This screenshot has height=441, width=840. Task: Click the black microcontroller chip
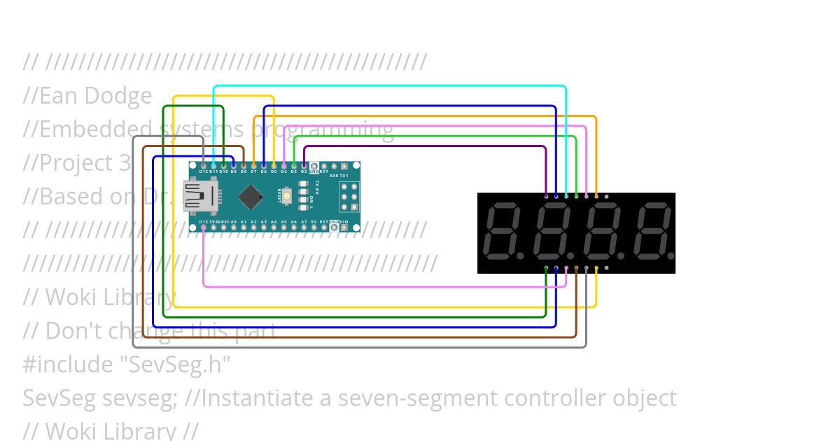tap(250, 197)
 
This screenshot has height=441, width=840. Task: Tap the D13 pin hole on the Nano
tap(203, 227)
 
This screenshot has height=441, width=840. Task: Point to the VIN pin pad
tap(344, 227)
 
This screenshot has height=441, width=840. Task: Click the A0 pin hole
tap(233, 227)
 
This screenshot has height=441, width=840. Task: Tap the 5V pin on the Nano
tap(314, 227)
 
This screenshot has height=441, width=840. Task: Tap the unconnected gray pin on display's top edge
tap(606, 197)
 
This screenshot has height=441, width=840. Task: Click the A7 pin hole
tap(304, 227)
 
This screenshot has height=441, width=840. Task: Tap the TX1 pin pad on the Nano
tap(344, 175)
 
